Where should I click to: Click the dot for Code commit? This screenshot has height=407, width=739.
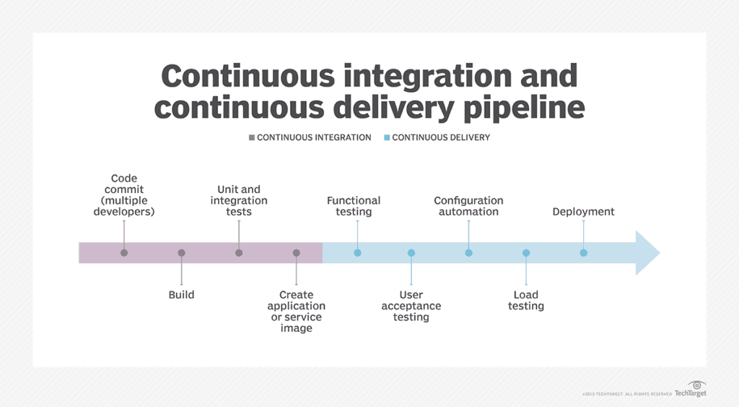point(124,253)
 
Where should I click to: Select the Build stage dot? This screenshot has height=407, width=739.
point(181,253)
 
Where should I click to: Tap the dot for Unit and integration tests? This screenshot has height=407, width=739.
point(239,253)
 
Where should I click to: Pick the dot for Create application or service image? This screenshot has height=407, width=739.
point(296,253)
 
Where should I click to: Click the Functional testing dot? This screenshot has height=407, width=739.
point(357,253)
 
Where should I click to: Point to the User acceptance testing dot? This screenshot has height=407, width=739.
point(411,253)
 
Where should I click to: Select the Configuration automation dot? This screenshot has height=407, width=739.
point(468,253)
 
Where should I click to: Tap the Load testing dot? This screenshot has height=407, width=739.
point(526,253)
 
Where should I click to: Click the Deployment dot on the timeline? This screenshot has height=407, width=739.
point(583,253)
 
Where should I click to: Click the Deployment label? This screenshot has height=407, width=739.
point(583,212)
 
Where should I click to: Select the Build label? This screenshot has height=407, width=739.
point(181,295)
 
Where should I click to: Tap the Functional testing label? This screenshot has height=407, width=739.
point(354,206)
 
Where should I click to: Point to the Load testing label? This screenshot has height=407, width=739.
point(526,300)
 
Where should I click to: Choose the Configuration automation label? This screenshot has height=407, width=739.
point(468,206)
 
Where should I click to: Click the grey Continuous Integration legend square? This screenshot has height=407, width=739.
point(251,137)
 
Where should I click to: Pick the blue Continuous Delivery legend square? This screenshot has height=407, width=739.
point(386,137)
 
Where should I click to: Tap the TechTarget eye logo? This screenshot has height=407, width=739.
point(697,385)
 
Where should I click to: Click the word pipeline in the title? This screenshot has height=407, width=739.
point(515,107)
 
